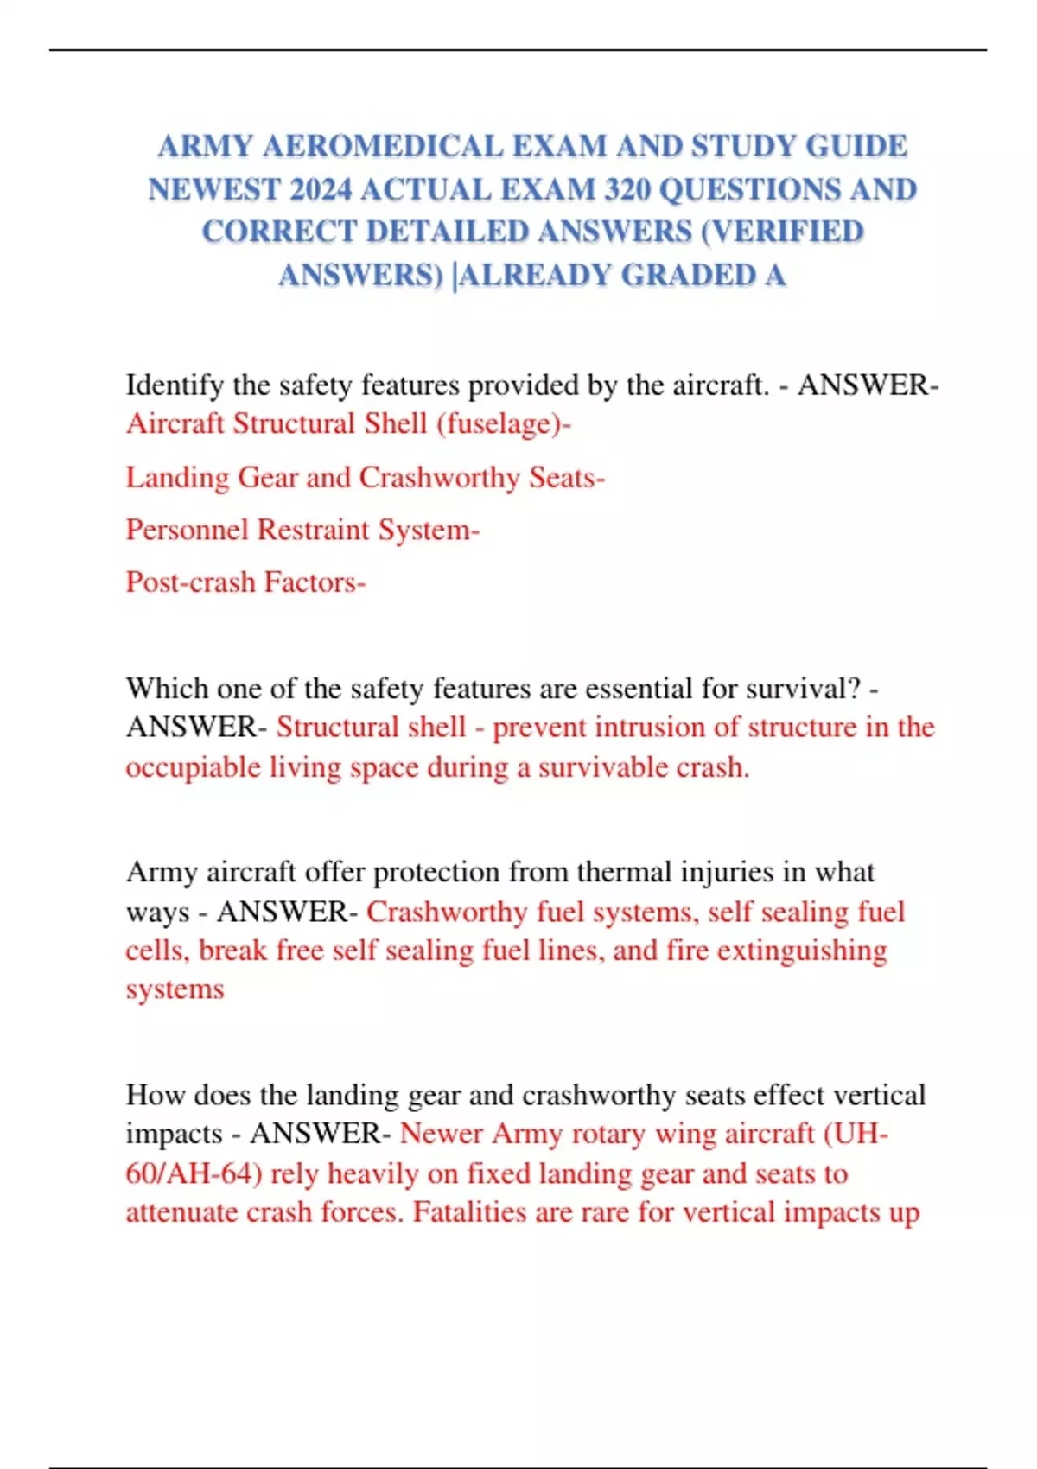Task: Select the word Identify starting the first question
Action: click(x=175, y=385)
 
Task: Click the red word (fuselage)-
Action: click(x=504, y=423)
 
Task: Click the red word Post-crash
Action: click(x=190, y=582)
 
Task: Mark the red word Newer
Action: click(x=441, y=1134)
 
